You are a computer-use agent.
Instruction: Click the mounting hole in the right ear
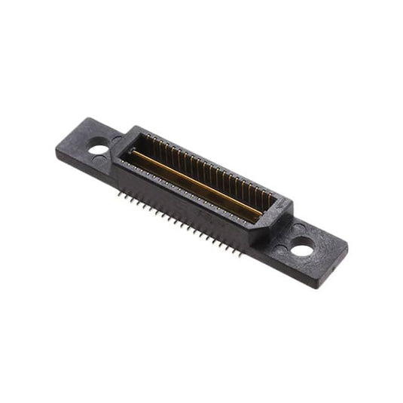coord(302,246)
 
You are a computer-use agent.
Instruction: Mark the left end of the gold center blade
coord(133,154)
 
